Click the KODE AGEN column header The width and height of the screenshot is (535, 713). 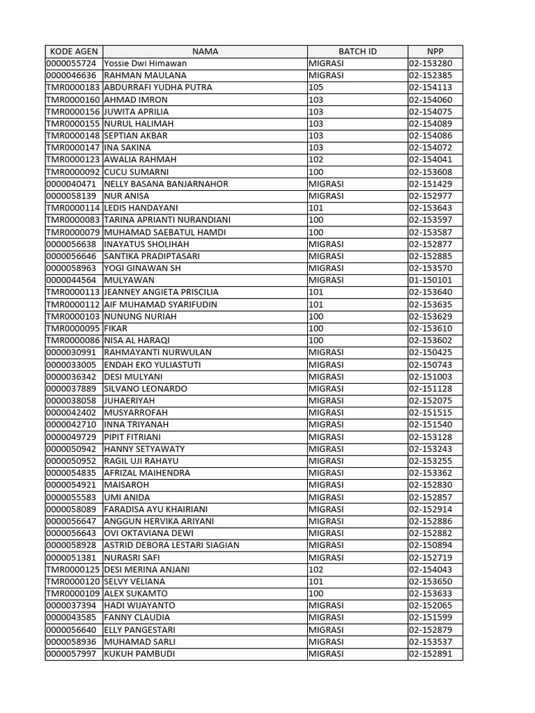(x=73, y=52)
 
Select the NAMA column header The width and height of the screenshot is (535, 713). (x=205, y=52)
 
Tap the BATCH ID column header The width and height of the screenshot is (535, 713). (x=357, y=52)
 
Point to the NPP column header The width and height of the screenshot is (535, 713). (x=435, y=52)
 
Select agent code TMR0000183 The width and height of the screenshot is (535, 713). (x=73, y=88)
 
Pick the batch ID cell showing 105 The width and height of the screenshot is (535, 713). (x=316, y=88)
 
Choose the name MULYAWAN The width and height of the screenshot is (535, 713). (x=129, y=281)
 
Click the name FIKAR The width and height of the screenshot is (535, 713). (x=116, y=329)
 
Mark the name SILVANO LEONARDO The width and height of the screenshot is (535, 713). (x=146, y=389)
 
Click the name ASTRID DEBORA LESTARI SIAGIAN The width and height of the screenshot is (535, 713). (x=171, y=545)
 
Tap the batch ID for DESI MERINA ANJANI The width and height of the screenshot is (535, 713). (x=316, y=570)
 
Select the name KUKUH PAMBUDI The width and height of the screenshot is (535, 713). (x=139, y=654)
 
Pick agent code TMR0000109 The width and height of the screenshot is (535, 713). (x=73, y=594)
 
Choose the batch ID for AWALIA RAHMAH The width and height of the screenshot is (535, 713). (x=316, y=160)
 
